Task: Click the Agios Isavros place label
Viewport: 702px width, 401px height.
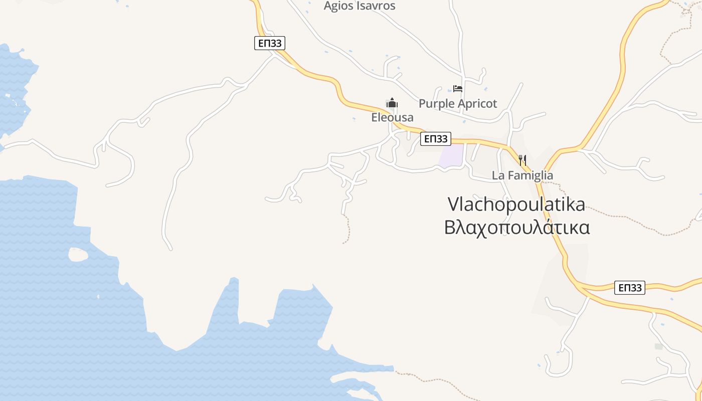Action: click(360, 6)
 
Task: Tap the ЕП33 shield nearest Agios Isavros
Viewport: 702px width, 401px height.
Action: click(269, 44)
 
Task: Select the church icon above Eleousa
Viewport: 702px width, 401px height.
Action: click(392, 103)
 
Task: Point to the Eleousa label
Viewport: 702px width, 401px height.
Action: click(392, 117)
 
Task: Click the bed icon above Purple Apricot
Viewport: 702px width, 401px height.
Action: click(457, 89)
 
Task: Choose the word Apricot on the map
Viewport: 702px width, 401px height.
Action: click(476, 104)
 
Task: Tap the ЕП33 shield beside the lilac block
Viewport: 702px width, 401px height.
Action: click(435, 139)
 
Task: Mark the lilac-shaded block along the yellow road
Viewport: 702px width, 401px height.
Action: click(451, 156)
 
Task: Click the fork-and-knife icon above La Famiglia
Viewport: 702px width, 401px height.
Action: click(522, 160)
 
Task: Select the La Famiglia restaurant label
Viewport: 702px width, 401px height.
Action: click(522, 175)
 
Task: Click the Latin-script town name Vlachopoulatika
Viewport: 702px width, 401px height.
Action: click(516, 204)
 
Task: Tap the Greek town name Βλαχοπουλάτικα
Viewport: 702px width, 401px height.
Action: click(517, 227)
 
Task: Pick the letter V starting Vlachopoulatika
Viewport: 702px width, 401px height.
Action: click(453, 204)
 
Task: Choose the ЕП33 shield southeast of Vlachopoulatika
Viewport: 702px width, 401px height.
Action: click(630, 288)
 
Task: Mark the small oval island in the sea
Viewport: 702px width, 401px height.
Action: click(78, 255)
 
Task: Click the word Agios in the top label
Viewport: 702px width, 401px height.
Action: click(338, 6)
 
